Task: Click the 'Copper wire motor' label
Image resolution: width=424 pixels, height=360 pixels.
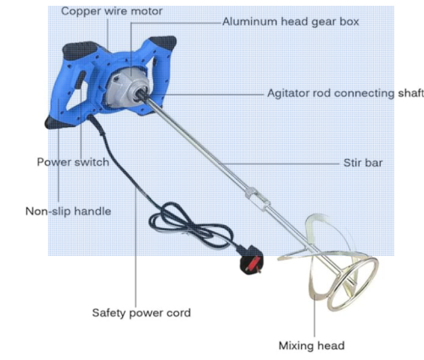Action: [x=112, y=11]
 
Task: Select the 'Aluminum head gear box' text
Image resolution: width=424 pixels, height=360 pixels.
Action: [x=291, y=21]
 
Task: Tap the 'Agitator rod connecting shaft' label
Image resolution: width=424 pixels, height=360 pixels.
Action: [x=345, y=93]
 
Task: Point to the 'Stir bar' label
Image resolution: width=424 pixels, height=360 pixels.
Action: [x=363, y=163]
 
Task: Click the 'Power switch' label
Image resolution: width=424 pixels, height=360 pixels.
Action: [x=73, y=162]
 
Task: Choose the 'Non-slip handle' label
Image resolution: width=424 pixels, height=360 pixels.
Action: [x=68, y=211]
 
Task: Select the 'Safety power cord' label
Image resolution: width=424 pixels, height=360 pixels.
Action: [x=142, y=313]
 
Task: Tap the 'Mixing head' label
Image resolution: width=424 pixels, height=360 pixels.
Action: [x=311, y=346]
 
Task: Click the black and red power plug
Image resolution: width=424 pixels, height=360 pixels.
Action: [x=251, y=261]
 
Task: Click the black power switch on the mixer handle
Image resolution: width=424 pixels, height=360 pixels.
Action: [x=81, y=80]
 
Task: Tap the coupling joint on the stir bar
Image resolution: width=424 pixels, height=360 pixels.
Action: [x=258, y=199]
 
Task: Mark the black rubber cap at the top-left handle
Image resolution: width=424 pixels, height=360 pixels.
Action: [x=79, y=50]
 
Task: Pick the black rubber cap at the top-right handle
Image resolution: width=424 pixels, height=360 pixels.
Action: [x=164, y=42]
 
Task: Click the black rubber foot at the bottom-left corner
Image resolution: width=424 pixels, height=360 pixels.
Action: [x=58, y=123]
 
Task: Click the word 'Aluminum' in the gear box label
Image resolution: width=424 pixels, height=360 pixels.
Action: [x=248, y=21]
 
